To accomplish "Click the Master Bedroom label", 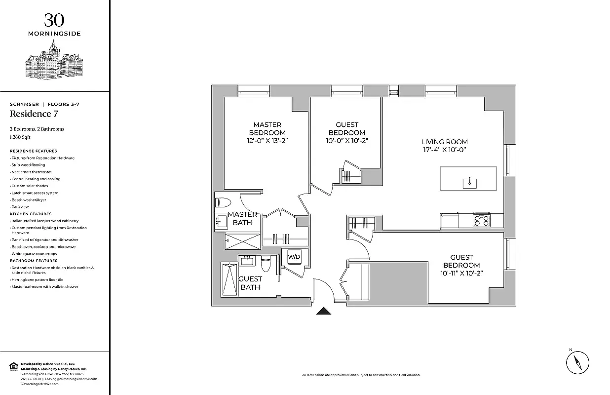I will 267,129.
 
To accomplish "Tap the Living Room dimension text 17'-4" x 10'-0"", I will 444,150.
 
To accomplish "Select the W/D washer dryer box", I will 294,257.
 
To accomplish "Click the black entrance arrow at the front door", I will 324,311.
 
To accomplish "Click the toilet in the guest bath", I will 266,264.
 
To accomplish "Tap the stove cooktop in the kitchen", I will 481,220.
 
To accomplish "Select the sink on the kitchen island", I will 470,183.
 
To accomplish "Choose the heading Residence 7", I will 31,114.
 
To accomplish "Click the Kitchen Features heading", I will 31,214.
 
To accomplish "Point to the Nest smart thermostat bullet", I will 32,172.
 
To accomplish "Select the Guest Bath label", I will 250,283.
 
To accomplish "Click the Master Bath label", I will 242,218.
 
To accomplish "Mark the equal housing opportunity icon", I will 13,366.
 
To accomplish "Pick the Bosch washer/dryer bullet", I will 29,200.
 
